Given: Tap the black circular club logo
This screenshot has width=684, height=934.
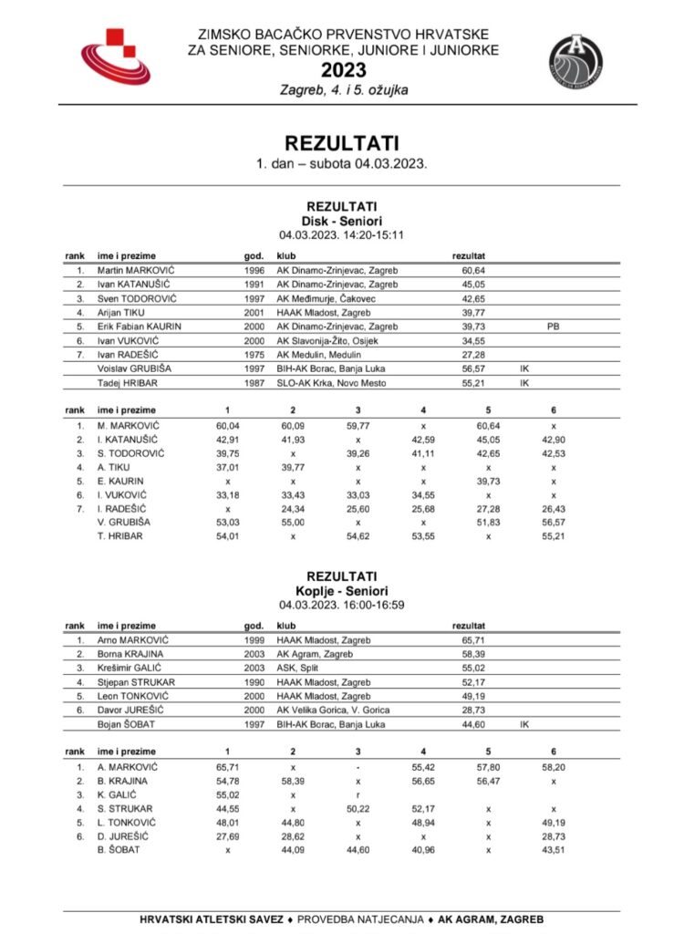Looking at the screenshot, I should point(575,59).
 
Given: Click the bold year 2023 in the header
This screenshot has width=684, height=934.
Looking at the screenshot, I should point(343,71).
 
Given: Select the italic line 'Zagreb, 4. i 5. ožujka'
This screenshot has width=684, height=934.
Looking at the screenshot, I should point(343,90).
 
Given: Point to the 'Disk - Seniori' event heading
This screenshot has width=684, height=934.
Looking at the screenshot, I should point(342,221).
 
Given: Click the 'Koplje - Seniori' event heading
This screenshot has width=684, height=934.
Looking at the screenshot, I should point(342,591).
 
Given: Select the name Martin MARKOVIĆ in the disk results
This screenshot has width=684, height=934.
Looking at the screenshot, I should point(137,271).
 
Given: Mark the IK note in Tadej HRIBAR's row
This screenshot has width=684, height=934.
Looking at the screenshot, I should point(524,384).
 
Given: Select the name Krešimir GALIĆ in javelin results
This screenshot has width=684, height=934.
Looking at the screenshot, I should point(132,668).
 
